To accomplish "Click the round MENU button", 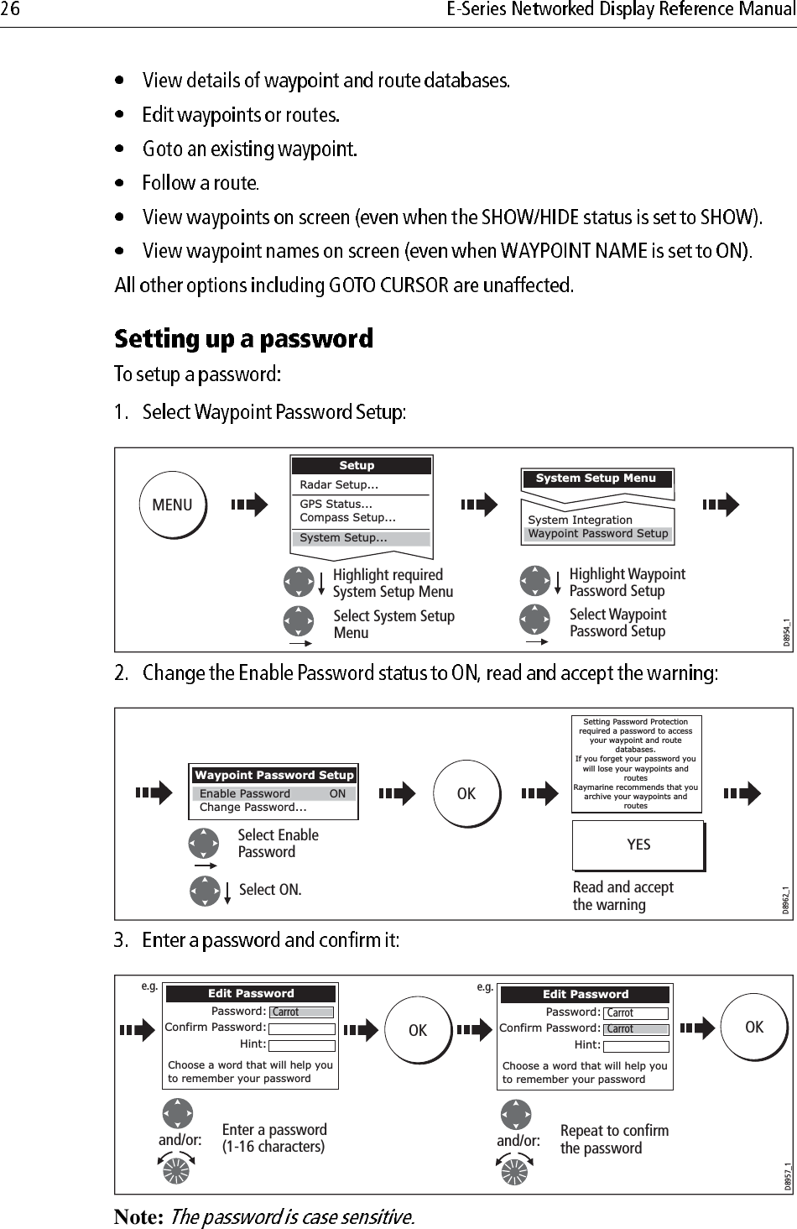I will pos(172,505).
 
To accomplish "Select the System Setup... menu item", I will pos(361,538).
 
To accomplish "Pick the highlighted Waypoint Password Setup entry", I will pos(598,534).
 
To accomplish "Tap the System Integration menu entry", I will pos(580,520).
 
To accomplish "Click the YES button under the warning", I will pos(638,845).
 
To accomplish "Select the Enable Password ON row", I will pos(273,793).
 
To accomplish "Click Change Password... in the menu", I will pos(253,808).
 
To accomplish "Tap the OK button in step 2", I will pos(466,793).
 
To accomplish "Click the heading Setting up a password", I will pos(243,339).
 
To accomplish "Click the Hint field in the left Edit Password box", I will pos(301,1045).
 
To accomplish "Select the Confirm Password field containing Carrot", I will pos(637,1029).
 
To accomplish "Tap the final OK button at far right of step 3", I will pos(753,1027).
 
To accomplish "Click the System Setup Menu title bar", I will pos(596,479).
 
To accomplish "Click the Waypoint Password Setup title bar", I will pos(273,775).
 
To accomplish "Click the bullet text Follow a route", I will pos(201,183).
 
